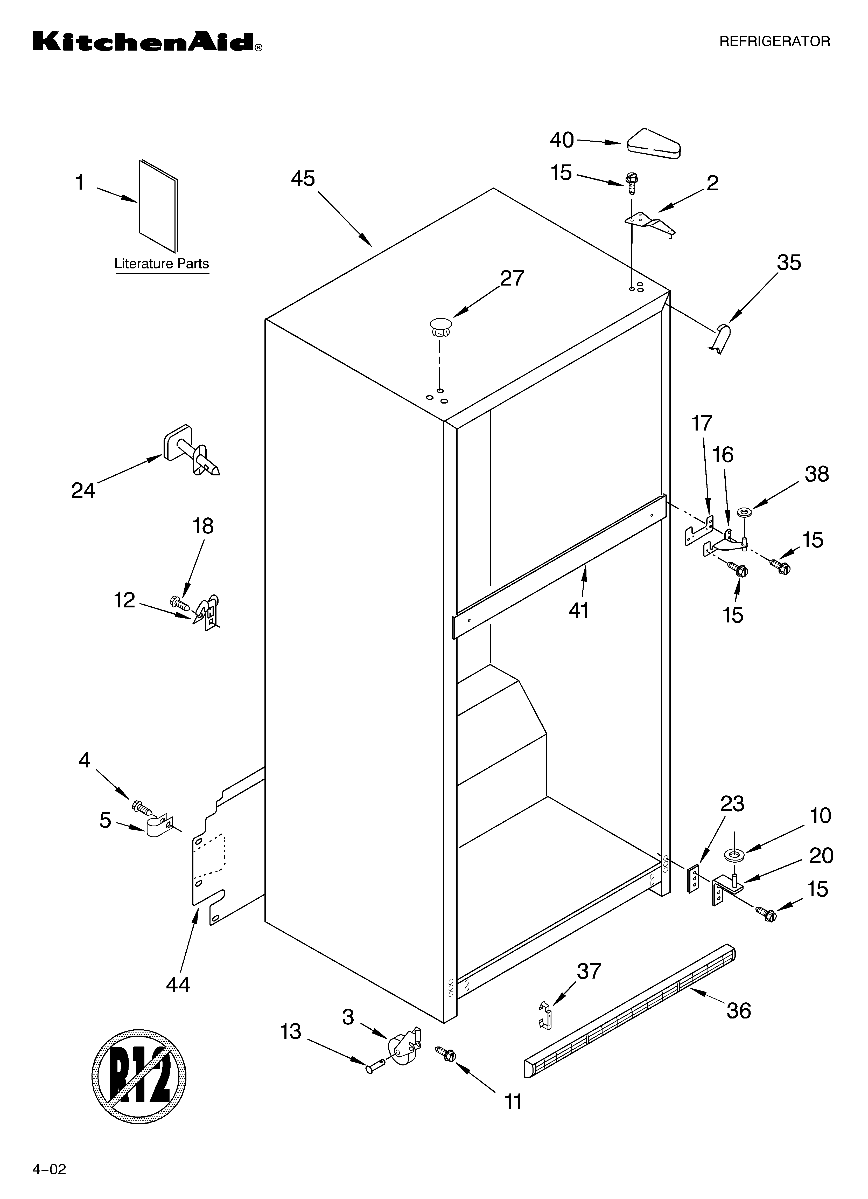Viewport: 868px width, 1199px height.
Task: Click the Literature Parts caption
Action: (162, 264)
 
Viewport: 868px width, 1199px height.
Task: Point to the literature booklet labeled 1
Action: (158, 206)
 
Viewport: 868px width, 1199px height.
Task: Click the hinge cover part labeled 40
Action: (653, 143)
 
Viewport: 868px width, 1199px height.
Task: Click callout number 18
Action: (202, 526)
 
